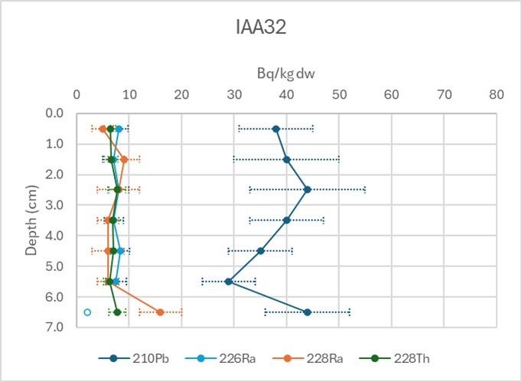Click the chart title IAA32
(260, 28)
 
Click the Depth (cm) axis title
(31, 220)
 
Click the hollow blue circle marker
(87, 312)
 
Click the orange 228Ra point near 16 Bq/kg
(160, 312)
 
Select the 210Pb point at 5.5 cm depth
(229, 282)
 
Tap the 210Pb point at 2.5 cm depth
(308, 190)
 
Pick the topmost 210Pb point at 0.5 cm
(276, 129)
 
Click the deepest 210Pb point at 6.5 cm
(308, 312)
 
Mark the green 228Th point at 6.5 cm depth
(117, 312)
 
